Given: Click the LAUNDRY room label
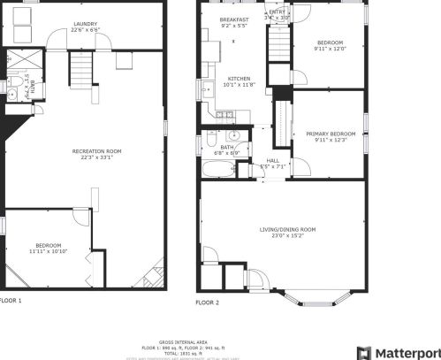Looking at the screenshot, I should [85, 24].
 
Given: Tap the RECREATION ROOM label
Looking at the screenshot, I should [96, 151].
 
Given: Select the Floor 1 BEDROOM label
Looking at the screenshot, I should [49, 245].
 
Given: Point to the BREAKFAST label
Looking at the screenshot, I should [234, 19].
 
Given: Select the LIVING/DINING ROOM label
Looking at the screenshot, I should [287, 229].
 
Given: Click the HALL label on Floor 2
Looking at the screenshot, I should [272, 159].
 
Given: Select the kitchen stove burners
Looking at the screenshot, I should [227, 114].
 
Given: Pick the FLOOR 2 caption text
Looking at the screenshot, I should [207, 303].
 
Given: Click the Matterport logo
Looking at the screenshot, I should [398, 351].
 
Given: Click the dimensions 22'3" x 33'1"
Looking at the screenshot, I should [96, 158].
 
